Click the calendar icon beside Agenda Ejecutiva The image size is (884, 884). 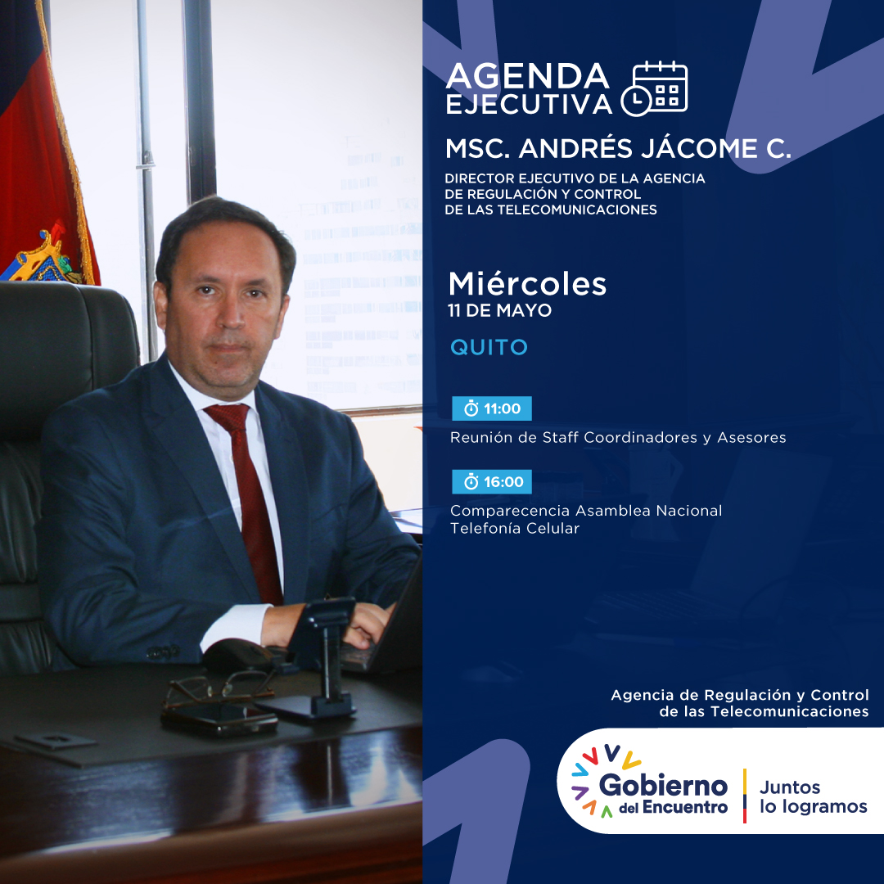[x=654, y=88]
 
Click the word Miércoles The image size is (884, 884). [x=527, y=283]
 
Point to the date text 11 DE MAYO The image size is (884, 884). [x=499, y=310]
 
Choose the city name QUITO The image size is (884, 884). [x=489, y=347]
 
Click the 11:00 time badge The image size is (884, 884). [x=492, y=408]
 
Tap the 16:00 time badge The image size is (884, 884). [x=492, y=481]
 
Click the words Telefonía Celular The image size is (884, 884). [x=515, y=528]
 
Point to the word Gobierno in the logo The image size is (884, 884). [x=663, y=785]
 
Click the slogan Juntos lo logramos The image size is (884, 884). [x=813, y=796]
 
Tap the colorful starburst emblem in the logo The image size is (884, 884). [x=604, y=781]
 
